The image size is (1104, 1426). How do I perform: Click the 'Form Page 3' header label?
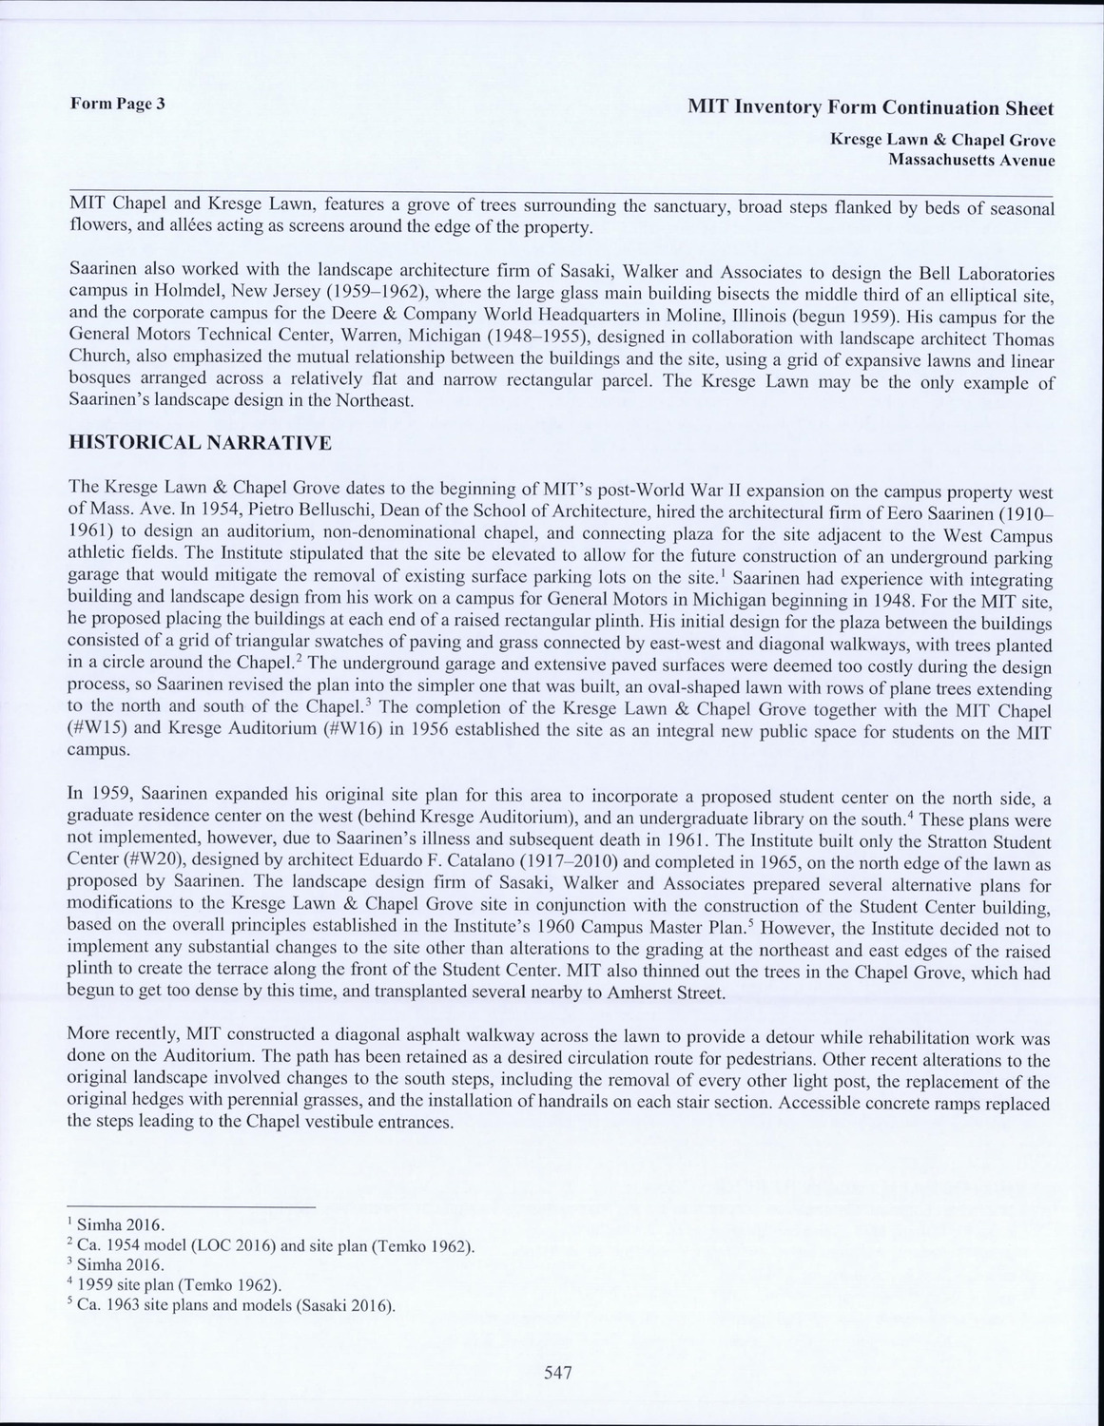click(x=117, y=104)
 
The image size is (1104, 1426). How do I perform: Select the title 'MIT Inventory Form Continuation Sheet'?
click(x=870, y=107)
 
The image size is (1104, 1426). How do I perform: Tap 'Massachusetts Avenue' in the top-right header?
click(x=971, y=160)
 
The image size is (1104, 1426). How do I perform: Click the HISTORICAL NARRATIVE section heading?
click(x=201, y=443)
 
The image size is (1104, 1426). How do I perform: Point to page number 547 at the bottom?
click(x=557, y=1372)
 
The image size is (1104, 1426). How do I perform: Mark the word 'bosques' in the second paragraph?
click(x=104, y=380)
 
